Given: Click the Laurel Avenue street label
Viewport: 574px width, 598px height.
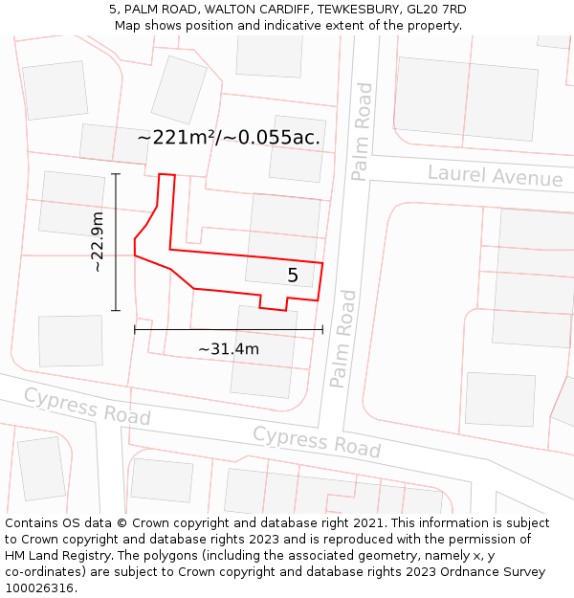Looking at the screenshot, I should (x=495, y=176).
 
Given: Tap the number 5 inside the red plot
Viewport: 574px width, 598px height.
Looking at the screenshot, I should (x=293, y=276).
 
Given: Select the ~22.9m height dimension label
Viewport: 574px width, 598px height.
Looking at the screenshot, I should (x=98, y=242).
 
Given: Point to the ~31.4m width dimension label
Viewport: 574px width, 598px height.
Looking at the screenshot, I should (x=229, y=349).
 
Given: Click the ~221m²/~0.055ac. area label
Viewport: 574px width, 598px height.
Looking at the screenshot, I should (x=229, y=138).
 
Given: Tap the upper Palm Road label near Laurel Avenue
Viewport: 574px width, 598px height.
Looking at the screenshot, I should (x=363, y=131).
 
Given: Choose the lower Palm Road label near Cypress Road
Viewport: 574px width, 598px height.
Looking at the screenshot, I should (x=342, y=339).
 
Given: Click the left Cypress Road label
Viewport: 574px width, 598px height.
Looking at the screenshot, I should (x=87, y=407).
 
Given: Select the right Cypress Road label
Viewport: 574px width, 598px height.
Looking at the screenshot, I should (x=317, y=441).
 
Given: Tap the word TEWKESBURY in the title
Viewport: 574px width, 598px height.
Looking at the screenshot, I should (x=344, y=10).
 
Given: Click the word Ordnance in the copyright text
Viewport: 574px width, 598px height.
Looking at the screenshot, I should (x=482, y=572).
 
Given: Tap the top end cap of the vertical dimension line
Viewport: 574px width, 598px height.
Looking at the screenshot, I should (x=116, y=174).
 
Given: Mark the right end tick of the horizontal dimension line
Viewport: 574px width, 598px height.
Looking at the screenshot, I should (x=322, y=329).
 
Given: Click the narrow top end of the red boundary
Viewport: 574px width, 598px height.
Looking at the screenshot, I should (x=166, y=175).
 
